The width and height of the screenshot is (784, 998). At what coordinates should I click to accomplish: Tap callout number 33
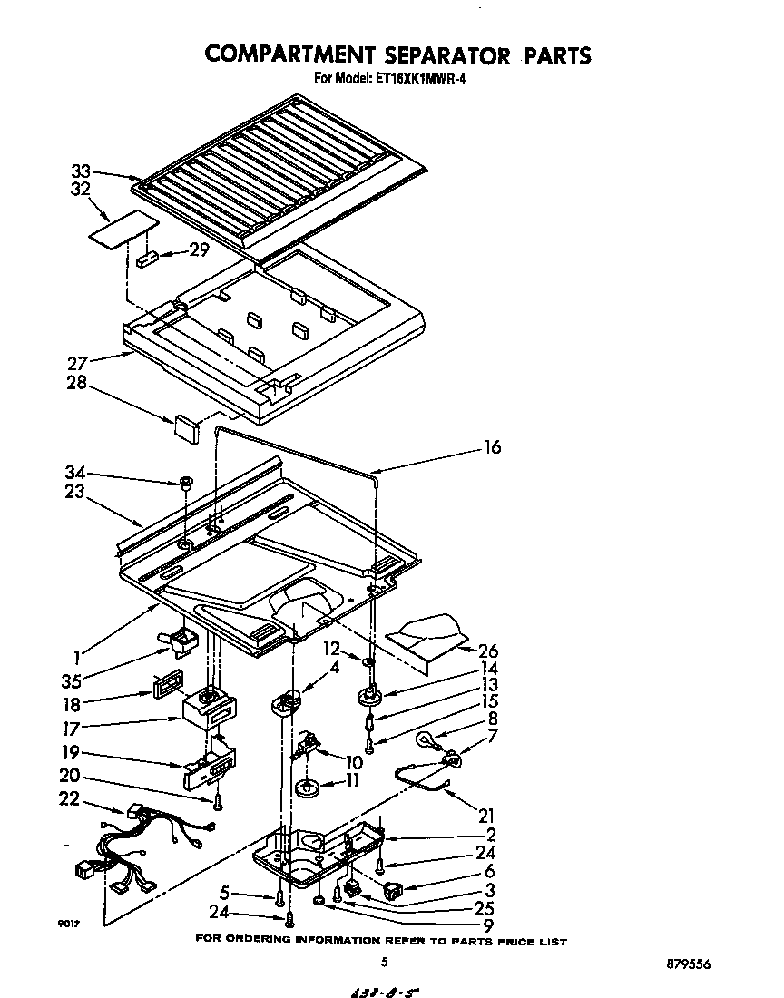tap(81, 171)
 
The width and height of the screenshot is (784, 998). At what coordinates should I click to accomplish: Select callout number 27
tap(78, 364)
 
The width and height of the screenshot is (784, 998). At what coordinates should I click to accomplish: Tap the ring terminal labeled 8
tap(426, 739)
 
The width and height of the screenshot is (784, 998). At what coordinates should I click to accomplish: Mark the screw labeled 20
tap(219, 801)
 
